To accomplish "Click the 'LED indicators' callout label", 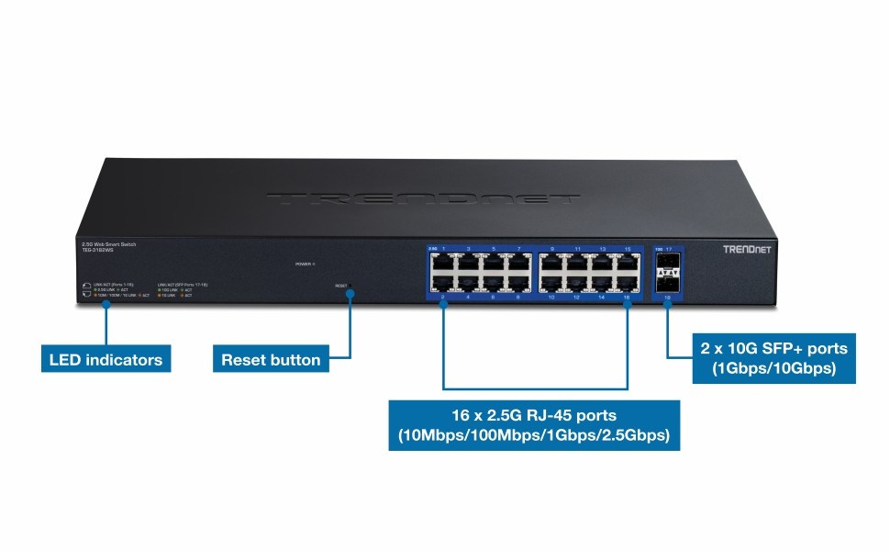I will pos(106,359).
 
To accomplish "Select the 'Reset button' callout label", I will pos(271,359).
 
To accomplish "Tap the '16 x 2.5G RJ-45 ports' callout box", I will pos(534,424).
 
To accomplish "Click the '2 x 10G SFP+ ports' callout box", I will pos(773,358).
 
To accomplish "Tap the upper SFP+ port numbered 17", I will pos(667,264).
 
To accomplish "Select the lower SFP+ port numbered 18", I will pos(667,283).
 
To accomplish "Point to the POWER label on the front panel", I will pos(304,264).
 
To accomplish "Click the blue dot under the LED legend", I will pos(106,304).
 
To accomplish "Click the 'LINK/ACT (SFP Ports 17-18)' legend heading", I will pos(183,285).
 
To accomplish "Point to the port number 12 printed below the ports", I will pos(576,298).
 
